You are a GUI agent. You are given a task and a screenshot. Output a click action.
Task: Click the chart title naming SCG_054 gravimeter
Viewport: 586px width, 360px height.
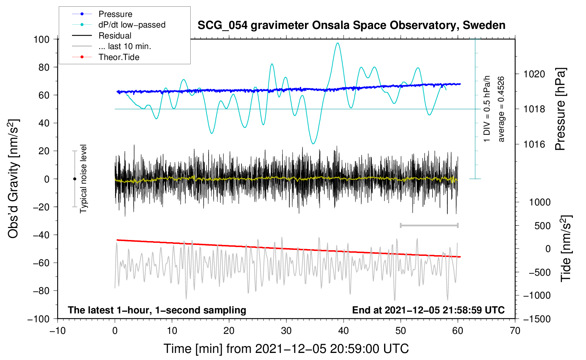tap(351, 25)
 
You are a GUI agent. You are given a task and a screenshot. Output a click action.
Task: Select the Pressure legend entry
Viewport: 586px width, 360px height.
tap(102, 14)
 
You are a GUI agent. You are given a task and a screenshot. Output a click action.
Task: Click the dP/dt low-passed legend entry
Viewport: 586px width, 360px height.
tap(119, 25)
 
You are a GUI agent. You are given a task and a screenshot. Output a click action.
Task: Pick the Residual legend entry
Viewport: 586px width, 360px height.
tap(102, 36)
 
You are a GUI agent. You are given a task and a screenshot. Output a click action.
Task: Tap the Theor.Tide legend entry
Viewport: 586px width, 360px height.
tap(106, 57)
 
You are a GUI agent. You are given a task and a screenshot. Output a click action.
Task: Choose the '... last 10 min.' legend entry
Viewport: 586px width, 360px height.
tap(112, 46)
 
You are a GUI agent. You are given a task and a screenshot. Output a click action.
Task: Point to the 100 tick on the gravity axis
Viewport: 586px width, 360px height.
tap(42, 39)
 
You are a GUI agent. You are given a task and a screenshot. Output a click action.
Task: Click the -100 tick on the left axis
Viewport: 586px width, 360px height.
tap(38, 319)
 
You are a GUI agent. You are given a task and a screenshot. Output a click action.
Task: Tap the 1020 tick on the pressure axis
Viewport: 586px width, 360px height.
tap(534, 74)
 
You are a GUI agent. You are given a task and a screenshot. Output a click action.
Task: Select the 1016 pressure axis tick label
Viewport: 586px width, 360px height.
tap(534, 144)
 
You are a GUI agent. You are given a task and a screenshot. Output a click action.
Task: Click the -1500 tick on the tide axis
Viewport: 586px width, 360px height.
tap(537, 319)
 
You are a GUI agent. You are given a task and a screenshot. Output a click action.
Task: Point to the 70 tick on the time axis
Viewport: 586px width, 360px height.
tap(515, 331)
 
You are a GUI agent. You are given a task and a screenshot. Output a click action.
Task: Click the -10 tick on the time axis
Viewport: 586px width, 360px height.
tap(58, 331)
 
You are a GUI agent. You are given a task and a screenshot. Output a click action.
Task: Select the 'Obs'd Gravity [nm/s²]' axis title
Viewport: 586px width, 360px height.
tap(13, 179)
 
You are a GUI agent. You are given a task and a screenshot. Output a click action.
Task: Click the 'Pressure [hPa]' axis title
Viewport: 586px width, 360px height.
tap(560, 109)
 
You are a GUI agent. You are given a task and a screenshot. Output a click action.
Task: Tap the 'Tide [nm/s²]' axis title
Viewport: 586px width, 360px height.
tap(566, 248)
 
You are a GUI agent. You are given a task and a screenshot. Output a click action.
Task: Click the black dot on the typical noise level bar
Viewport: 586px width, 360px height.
tap(74, 179)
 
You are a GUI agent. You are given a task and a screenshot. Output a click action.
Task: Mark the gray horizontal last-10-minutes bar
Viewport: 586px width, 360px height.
tap(429, 225)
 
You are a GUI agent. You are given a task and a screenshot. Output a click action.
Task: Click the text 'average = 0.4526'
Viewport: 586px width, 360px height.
tap(501, 109)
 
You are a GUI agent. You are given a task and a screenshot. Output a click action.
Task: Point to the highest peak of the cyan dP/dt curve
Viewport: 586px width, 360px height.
tap(337, 43)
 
